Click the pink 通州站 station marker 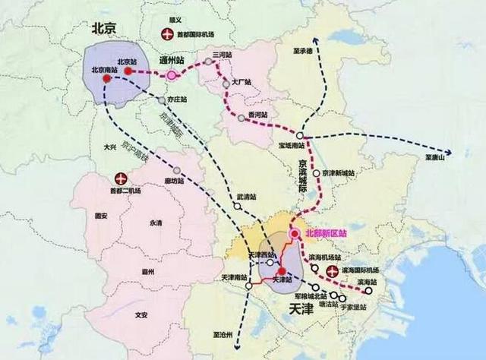coord(172,74)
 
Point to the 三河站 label coord(221,55)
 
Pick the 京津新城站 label coord(339,173)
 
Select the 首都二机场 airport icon coord(118,178)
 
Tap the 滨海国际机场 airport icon coord(331,271)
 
